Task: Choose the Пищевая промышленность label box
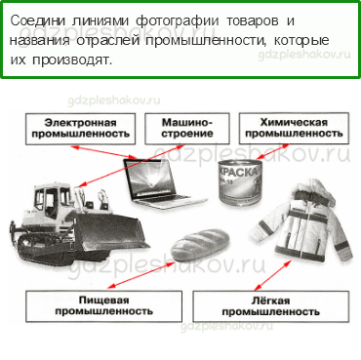click(102, 305)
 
